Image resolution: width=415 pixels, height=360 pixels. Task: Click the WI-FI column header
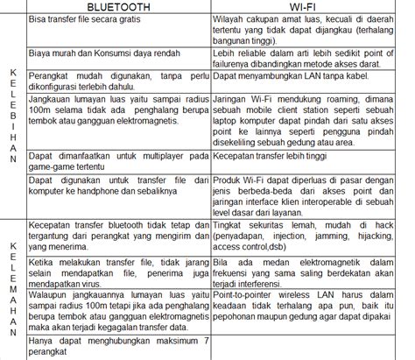(x=309, y=6)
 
